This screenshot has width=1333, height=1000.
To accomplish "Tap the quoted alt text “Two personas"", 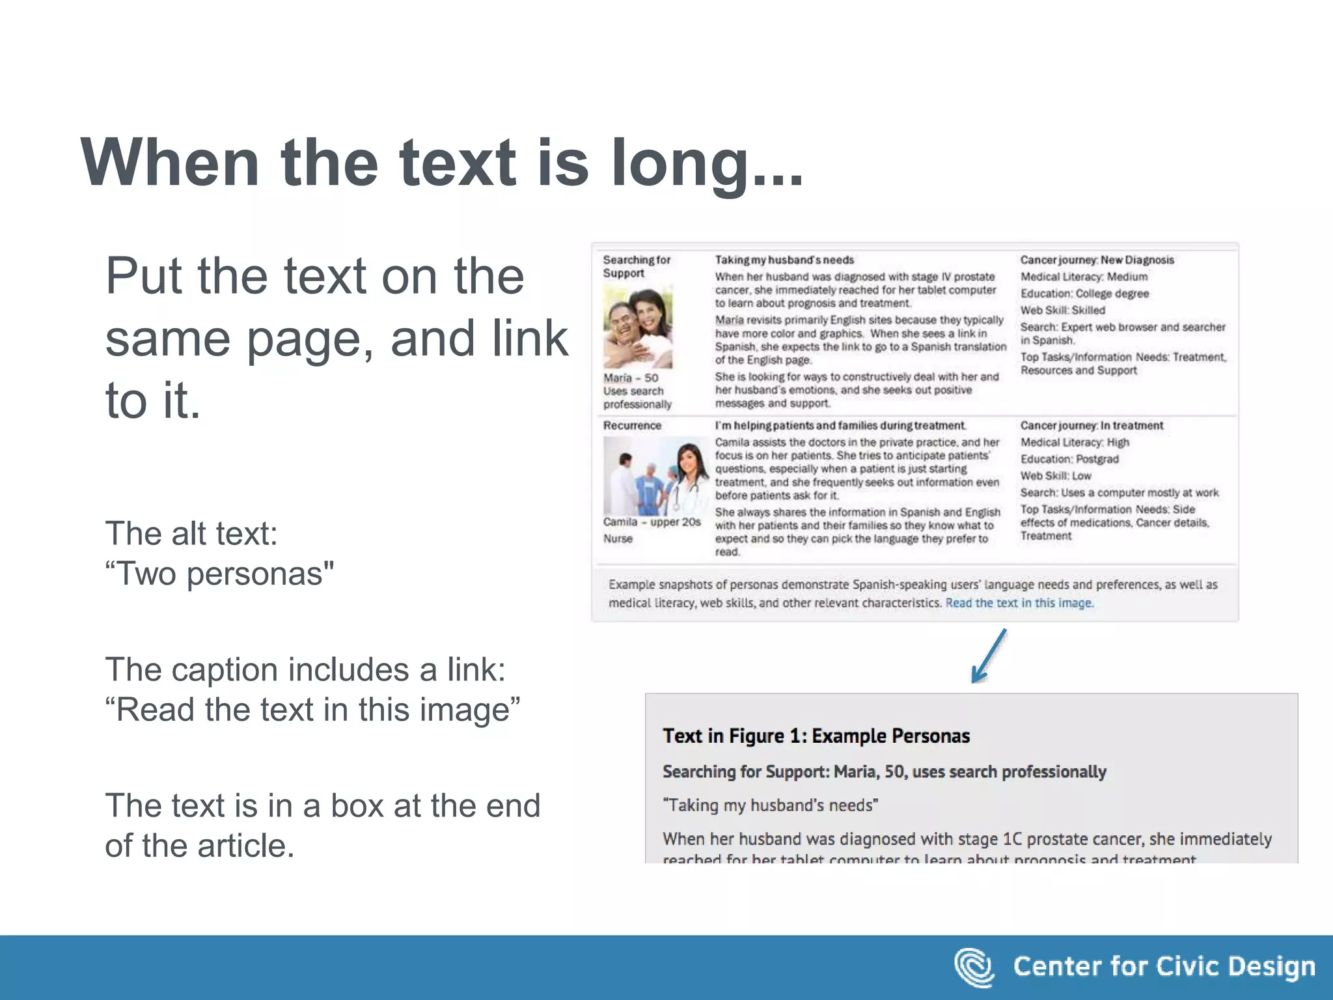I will click(x=219, y=574).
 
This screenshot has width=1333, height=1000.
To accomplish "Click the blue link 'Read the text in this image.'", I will click(x=1019, y=603).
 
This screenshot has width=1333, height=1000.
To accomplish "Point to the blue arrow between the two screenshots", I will click(x=988, y=656).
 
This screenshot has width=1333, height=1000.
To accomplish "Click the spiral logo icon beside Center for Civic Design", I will click(x=974, y=967).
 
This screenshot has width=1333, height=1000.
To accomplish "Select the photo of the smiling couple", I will click(x=637, y=327).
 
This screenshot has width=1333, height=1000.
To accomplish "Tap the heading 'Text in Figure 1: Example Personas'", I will click(x=816, y=736).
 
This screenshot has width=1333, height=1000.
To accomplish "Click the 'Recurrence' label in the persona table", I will click(x=632, y=425).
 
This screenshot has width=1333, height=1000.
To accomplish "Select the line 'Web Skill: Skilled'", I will click(x=1062, y=311).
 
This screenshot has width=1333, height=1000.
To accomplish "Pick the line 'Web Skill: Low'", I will click(x=1055, y=476).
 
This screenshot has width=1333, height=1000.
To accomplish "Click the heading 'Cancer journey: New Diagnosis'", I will click(x=1097, y=260).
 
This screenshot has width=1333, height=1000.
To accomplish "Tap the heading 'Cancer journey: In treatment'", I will click(x=1092, y=425).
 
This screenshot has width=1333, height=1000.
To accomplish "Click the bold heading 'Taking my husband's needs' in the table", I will click(x=784, y=260).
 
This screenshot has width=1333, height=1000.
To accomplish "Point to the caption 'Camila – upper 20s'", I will click(x=652, y=522).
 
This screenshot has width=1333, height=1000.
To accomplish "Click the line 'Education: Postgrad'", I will click(x=1069, y=459).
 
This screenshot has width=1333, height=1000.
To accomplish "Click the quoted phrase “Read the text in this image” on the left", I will click(x=313, y=710).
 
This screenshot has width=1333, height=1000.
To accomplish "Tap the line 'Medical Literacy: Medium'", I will click(x=1084, y=277).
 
